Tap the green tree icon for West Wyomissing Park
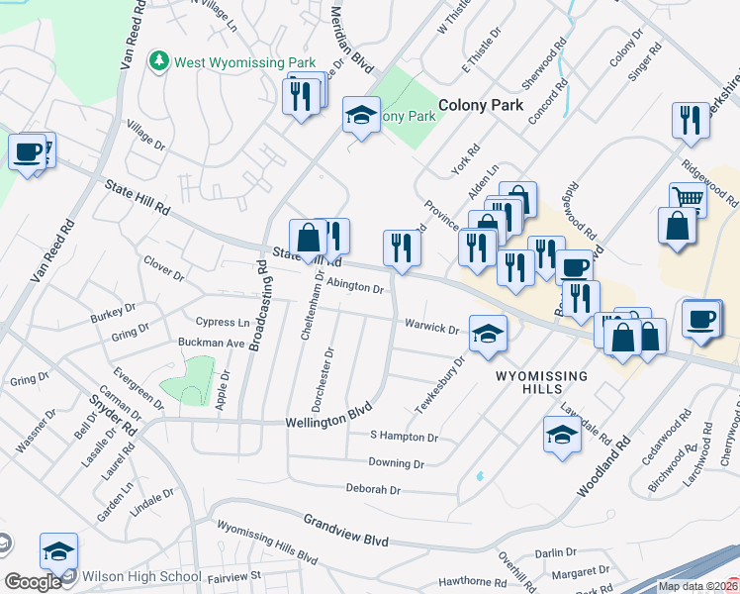158,61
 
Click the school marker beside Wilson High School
58,550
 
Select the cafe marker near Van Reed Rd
27,152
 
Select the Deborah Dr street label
373,489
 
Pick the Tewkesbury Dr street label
439,386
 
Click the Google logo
33,582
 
